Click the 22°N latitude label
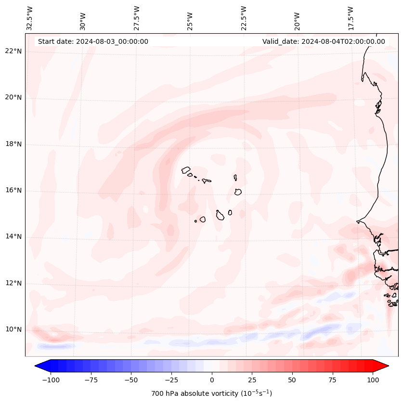coord(14,51)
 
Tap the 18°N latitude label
coord(14,144)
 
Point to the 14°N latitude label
coord(14,236)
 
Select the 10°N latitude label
coord(14,330)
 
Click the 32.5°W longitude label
coord(30,18)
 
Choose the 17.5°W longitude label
coord(351,18)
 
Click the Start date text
coord(93,41)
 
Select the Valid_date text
coord(324,41)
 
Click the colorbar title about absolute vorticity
coord(211,393)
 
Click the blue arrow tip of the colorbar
coord(38,366)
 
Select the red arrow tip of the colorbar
coord(386,366)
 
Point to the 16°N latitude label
coord(14,190)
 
